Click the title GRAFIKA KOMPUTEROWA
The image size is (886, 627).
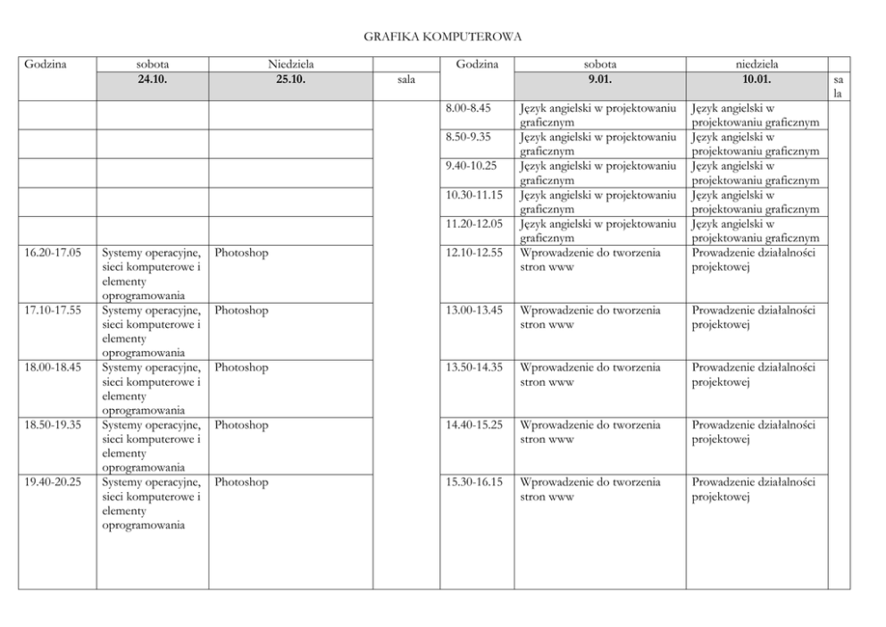[x=443, y=37]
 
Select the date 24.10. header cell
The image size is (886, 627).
[x=153, y=79]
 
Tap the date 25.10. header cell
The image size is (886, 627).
[x=290, y=79]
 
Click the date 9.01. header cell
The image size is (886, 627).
[x=599, y=79]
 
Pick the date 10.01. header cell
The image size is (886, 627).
[x=756, y=79]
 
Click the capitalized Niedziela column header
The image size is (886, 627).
[x=290, y=64]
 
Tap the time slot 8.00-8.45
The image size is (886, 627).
[x=468, y=108]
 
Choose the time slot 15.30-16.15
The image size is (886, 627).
[x=473, y=482]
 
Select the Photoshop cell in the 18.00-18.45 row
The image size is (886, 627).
[x=241, y=368]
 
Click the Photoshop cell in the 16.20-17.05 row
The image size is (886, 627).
[x=241, y=253]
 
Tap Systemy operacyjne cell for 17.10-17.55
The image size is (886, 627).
[x=152, y=331]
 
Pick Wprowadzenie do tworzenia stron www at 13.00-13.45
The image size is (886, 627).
[x=590, y=317]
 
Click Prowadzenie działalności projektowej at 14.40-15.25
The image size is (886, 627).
[x=753, y=432]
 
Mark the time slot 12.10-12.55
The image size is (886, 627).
[x=473, y=253]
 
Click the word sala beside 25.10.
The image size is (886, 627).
[x=405, y=79]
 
